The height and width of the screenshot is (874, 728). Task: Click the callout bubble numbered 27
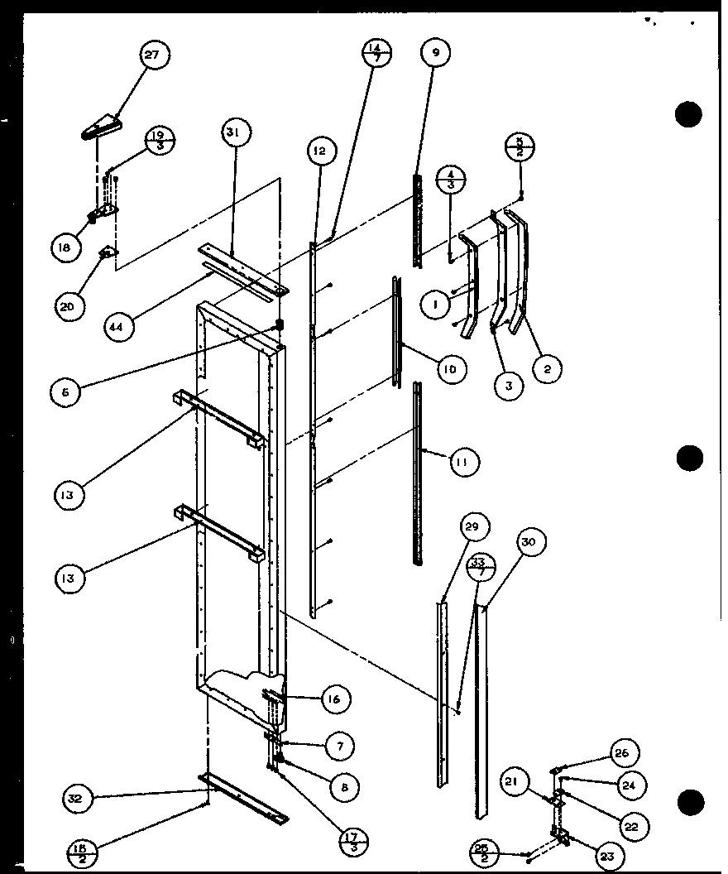(151, 56)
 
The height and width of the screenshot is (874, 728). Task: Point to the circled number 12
(319, 152)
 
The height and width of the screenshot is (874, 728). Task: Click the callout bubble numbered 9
(435, 53)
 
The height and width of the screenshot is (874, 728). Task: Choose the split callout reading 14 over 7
(376, 57)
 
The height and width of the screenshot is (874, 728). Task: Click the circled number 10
(450, 368)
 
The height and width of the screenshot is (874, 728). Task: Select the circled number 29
(475, 527)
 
